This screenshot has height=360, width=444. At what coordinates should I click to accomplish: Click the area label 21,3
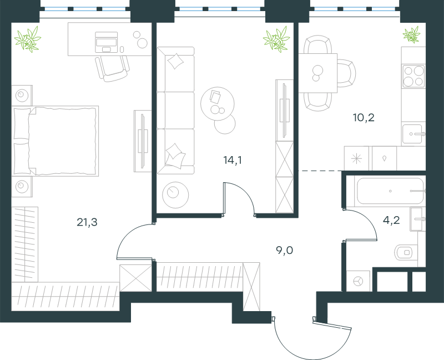(87, 222)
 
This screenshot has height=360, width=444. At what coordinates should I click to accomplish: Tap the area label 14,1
(233, 160)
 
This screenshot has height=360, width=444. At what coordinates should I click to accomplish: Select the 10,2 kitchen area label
(364, 117)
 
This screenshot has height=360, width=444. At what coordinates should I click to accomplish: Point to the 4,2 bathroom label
(391, 220)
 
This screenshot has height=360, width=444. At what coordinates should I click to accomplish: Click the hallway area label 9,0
(285, 251)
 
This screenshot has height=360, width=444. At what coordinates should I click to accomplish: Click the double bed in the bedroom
(55, 141)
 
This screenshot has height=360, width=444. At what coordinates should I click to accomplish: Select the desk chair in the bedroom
(113, 68)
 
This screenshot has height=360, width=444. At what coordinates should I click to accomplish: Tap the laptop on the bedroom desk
(106, 42)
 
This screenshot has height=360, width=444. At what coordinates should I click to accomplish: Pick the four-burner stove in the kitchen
(413, 76)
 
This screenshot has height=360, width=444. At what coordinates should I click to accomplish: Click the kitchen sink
(413, 134)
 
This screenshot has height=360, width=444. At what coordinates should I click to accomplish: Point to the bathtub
(390, 191)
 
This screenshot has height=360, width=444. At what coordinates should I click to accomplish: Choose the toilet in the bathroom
(406, 252)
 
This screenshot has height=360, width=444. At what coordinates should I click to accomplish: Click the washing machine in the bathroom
(358, 281)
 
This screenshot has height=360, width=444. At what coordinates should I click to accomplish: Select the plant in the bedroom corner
(28, 39)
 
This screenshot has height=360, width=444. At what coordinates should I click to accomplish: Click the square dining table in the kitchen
(318, 73)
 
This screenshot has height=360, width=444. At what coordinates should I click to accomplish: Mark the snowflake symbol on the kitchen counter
(356, 158)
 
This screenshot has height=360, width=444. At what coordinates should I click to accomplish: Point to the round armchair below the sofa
(175, 195)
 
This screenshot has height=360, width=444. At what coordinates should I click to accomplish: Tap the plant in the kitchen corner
(411, 34)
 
